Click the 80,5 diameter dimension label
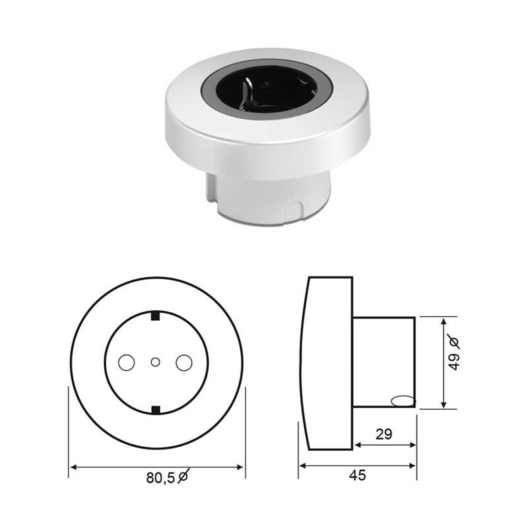pyautogui.click(x=168, y=477)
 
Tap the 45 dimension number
pyautogui.click(x=357, y=475)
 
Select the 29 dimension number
pyautogui.click(x=384, y=434)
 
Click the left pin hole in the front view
pyautogui.click(x=127, y=362)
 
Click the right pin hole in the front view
pyautogui.click(x=184, y=362)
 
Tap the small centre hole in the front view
pyautogui.click(x=155, y=362)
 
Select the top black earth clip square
pyautogui.click(x=155, y=316)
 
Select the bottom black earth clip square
pyautogui.click(x=156, y=410)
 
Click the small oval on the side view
pyautogui.click(x=403, y=401)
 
